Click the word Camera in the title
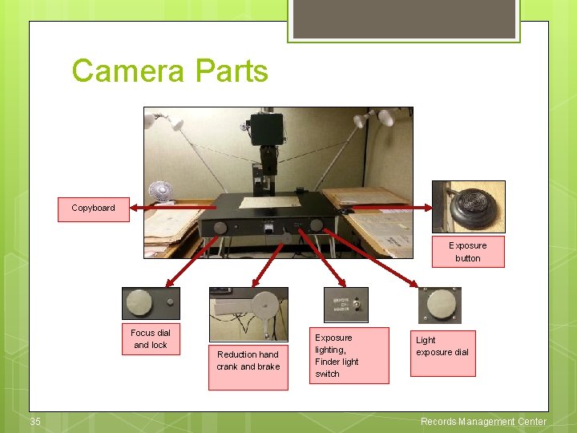(x=126, y=71)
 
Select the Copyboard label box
(x=93, y=208)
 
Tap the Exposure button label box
(x=467, y=252)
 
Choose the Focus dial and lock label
(x=151, y=338)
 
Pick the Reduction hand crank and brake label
(x=248, y=361)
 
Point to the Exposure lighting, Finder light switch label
(x=349, y=355)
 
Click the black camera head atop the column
(x=265, y=127)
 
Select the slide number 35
(x=35, y=422)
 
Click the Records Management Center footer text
(x=483, y=422)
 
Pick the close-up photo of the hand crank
(x=248, y=314)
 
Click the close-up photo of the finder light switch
(x=345, y=304)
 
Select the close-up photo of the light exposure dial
(x=439, y=305)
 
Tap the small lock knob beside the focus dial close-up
(x=170, y=302)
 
